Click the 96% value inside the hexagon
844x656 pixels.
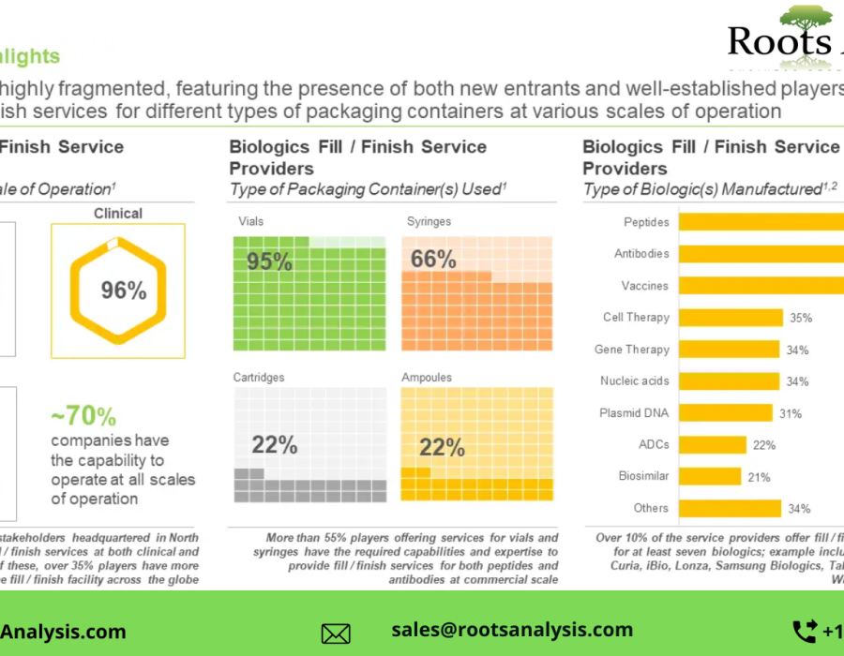coord(124,291)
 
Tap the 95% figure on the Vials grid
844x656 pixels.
coord(269,261)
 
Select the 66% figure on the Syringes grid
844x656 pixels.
coord(433,259)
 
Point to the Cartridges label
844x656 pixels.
coord(258,378)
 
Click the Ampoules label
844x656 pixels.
coord(427,378)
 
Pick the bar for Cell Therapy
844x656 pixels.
coord(731,318)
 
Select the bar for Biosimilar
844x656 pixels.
coord(710,476)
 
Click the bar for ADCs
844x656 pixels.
coord(713,444)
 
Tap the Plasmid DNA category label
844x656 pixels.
coord(634,413)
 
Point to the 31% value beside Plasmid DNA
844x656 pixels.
coord(791,413)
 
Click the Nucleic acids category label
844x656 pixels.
coord(635,381)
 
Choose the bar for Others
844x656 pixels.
coord(730,508)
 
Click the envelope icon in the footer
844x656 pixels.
coord(336,634)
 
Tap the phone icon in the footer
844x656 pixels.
coord(805,631)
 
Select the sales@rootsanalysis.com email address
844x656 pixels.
coord(512,630)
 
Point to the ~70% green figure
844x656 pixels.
coord(83,416)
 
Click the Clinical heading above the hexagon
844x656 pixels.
coord(118,214)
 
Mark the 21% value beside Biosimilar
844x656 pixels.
coord(759,477)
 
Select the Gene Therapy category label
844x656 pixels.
coord(632,350)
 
